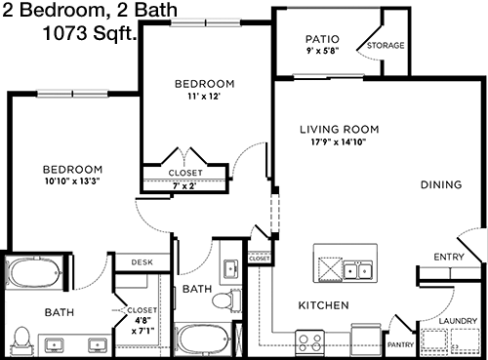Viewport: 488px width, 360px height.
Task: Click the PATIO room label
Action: (x=322, y=39)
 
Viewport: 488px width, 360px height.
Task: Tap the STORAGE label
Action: (x=386, y=45)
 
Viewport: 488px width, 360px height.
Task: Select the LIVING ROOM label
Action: (x=340, y=130)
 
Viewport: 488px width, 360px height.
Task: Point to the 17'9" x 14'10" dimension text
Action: (x=339, y=142)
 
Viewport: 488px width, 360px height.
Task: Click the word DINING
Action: (x=441, y=184)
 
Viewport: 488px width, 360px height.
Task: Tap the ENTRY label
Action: (x=449, y=257)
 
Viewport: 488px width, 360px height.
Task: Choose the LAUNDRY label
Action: (x=458, y=321)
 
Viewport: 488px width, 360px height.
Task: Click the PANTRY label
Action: (x=400, y=344)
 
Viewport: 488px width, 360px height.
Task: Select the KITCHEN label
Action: (x=323, y=305)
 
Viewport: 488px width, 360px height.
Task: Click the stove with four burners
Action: (x=309, y=343)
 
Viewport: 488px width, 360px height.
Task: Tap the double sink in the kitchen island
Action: (x=358, y=270)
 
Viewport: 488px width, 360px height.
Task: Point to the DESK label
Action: (x=142, y=262)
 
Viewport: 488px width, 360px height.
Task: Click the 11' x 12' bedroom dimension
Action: (x=204, y=97)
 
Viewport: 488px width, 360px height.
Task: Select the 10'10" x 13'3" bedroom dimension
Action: (x=72, y=181)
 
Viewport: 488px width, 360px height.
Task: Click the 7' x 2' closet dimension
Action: (x=184, y=185)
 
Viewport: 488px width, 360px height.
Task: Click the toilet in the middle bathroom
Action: (x=226, y=300)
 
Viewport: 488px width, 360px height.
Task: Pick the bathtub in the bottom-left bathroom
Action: (x=34, y=272)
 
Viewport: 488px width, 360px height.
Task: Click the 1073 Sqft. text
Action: (x=90, y=33)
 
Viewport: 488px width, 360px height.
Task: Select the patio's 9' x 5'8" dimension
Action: (x=323, y=51)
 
